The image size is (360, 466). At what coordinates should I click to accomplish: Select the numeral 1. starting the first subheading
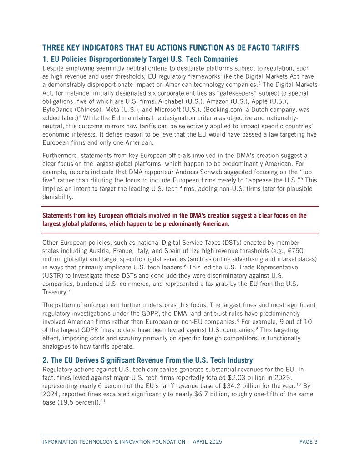(x=45, y=59)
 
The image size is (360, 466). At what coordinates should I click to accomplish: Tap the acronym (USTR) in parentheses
(x=54, y=275)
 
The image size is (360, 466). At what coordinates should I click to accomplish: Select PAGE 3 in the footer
(x=308, y=441)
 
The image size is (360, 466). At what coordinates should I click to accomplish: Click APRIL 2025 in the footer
(x=210, y=441)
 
